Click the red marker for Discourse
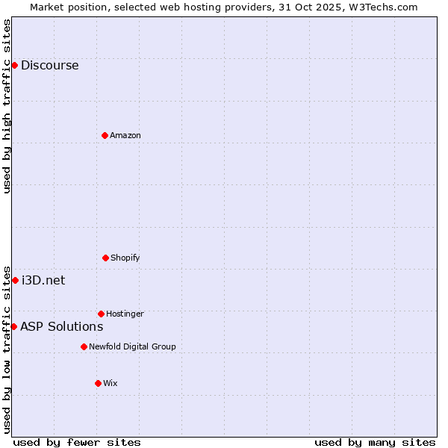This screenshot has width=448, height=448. tap(14, 65)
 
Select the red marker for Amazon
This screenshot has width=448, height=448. tap(105, 135)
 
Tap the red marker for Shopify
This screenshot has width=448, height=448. tap(105, 258)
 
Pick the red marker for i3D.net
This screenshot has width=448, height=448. tap(15, 280)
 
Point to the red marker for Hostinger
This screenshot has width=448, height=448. tap(101, 314)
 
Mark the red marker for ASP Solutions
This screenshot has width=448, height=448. tap(13, 326)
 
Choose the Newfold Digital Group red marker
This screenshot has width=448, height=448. tap(84, 346)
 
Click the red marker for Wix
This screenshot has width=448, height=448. tap(98, 383)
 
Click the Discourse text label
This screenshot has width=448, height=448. tap(49, 65)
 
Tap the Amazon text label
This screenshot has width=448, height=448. tap(125, 135)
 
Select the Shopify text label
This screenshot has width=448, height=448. tap(125, 258)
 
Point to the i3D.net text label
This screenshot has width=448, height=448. tap(43, 280)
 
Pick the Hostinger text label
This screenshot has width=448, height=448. tap(125, 314)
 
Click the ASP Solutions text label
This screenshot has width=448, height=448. tap(61, 326)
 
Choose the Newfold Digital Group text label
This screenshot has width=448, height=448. tap(132, 346)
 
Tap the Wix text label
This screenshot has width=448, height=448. tap(111, 383)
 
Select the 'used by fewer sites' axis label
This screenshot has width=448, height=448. tap(77, 442)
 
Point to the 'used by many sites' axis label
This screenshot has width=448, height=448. tap(375, 442)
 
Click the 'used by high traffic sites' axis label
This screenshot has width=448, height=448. tap(7, 106)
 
